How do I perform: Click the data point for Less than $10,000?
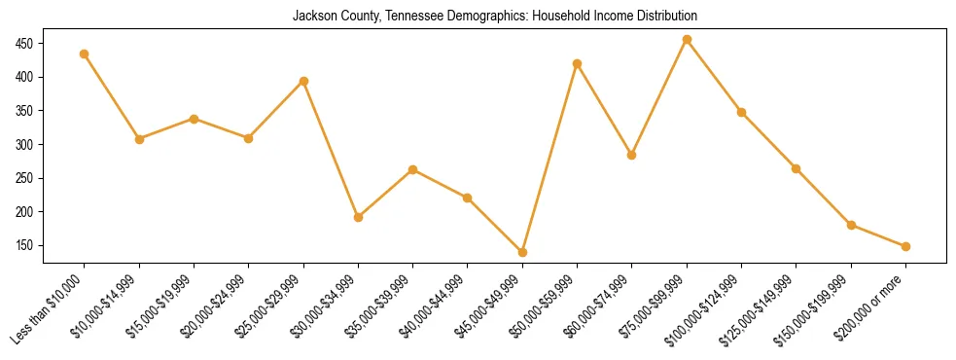85,54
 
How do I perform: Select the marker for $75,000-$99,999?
688,40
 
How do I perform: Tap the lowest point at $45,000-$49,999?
523,252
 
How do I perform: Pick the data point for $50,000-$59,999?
578,64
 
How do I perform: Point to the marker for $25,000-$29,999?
304,82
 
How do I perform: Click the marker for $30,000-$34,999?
359,218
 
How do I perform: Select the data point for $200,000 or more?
905,247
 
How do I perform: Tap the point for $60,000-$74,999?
632,155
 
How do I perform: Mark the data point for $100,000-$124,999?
742,113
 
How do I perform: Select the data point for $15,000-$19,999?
195,119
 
